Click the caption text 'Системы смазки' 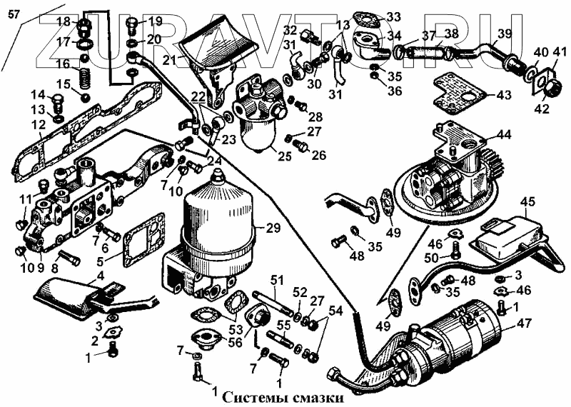click(x=283, y=397)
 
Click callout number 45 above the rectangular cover click(x=527, y=202)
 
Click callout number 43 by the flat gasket click(x=504, y=95)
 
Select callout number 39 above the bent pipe click(x=504, y=34)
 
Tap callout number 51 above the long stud click(x=277, y=278)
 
